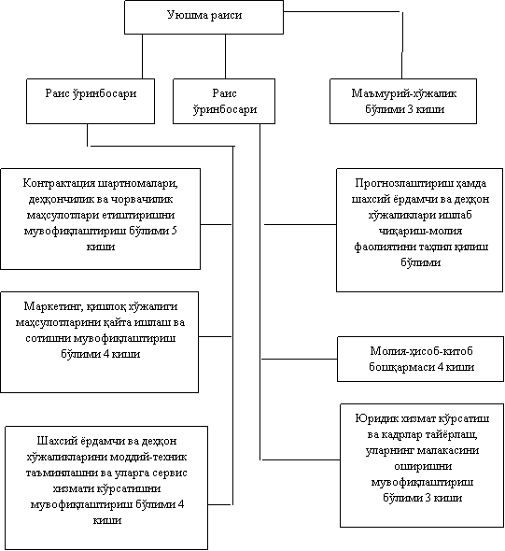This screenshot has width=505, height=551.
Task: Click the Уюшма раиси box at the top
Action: tap(203, 17)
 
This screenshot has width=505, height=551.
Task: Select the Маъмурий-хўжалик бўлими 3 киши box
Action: tap(403, 101)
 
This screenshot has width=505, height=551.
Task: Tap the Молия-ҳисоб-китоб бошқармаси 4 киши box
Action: tap(420, 359)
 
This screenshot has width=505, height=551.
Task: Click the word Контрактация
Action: tap(59, 183)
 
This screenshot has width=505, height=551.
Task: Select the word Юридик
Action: tap(372, 418)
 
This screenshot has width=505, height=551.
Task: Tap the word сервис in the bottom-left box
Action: tap(170, 473)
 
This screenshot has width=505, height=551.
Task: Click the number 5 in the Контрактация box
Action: tap(174, 231)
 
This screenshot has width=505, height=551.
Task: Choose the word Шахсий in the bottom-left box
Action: tap(54, 441)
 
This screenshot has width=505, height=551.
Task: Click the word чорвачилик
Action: tap(142, 199)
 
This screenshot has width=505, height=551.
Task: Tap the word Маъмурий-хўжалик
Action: tap(404, 93)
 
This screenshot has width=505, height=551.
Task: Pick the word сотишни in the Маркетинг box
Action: tap(49, 338)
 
